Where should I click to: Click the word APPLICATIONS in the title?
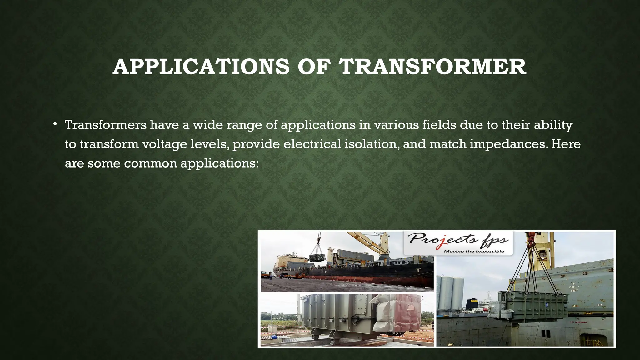tap(201, 67)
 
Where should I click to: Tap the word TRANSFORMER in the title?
tap(433, 67)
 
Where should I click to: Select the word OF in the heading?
tap(314, 67)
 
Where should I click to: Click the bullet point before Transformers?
tap(55, 124)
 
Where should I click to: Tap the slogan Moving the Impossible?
tap(474, 251)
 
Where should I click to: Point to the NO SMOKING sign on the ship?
tap(578, 322)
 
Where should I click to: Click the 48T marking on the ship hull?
tap(574, 290)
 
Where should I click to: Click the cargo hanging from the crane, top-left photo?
tap(317, 257)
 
